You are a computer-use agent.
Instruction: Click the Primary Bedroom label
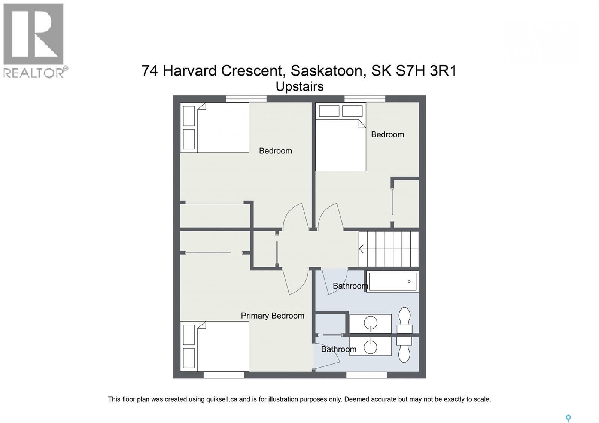tap(272, 316)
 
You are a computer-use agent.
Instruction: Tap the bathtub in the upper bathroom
tap(392, 282)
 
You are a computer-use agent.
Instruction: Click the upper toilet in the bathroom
tap(404, 320)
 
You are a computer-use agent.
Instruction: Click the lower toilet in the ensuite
tap(404, 349)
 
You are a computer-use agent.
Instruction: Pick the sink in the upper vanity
tap(371, 323)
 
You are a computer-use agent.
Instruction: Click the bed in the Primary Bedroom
tap(215, 346)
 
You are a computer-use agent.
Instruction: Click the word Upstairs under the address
tap(299, 86)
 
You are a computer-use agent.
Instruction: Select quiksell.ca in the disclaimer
tap(221, 399)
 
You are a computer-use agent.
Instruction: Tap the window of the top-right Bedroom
tap(365, 99)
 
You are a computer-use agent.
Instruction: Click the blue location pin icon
tap(568, 418)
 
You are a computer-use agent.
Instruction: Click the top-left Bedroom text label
tap(275, 151)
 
